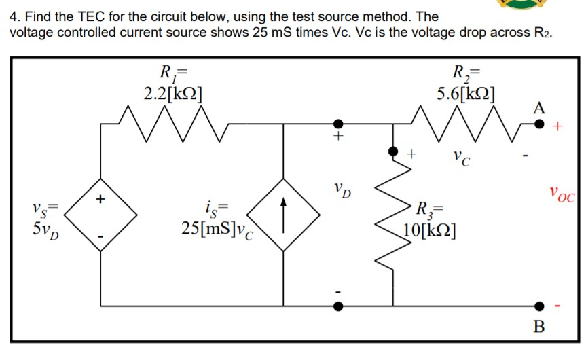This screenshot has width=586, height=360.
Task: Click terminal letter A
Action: click(x=538, y=107)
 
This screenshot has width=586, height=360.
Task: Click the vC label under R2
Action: click(x=464, y=160)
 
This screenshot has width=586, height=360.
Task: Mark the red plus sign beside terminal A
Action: click(x=560, y=126)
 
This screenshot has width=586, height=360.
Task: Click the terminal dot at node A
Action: click(x=539, y=124)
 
